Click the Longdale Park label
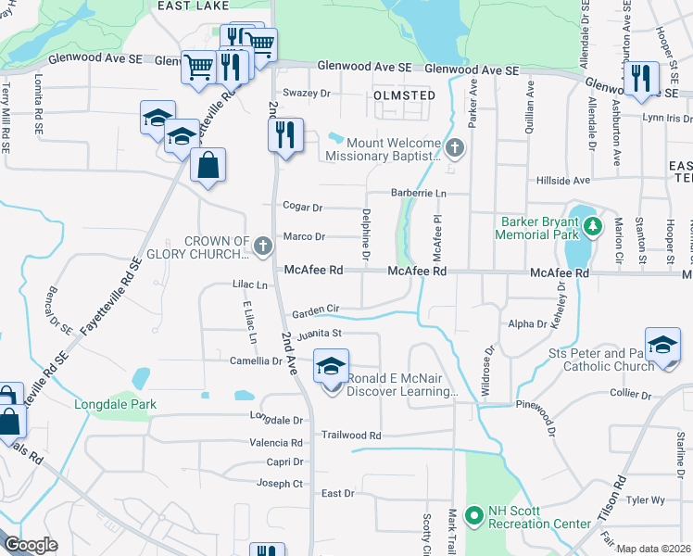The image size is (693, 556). coord(116,404)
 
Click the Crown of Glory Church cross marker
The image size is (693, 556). coord(263,246)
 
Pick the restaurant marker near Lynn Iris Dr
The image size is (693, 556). coord(640,79)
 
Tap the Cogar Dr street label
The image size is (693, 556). coord(303,208)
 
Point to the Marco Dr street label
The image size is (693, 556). coord(304,237)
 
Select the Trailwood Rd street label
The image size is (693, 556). coord(351,435)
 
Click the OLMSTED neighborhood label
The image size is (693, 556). coord(403,95)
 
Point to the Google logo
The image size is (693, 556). coord(31,545)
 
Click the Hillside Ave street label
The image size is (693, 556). coord(562,180)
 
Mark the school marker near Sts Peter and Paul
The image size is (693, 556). coord(662,347)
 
